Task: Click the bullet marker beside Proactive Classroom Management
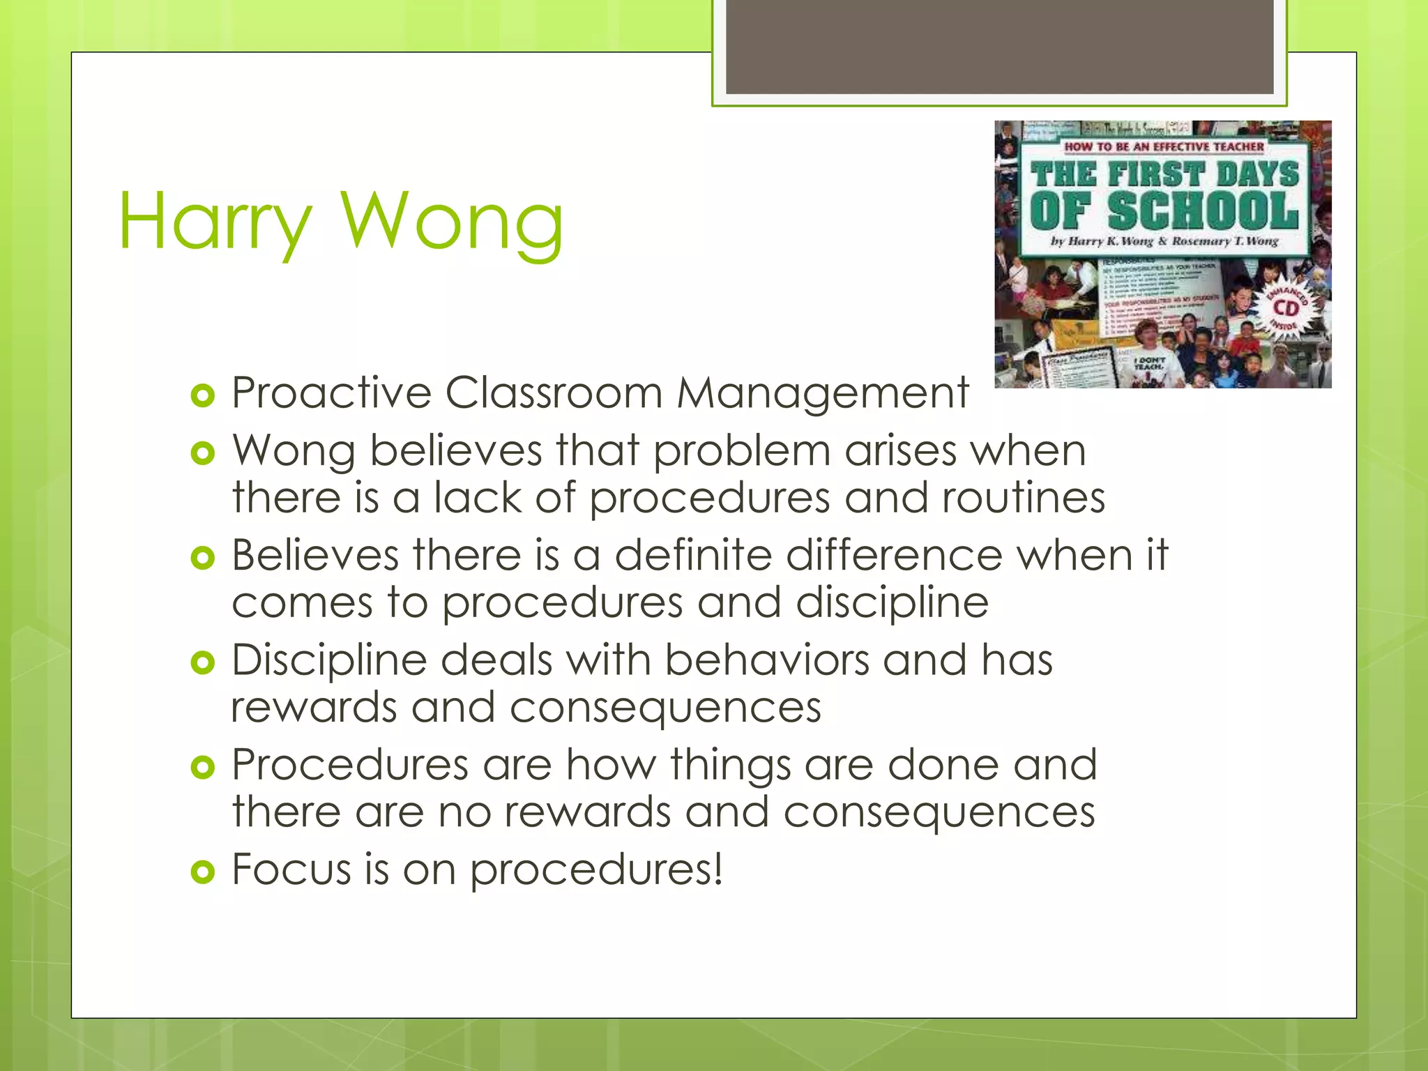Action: point(202,396)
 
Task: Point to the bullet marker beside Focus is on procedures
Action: point(202,872)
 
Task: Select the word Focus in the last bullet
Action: point(291,869)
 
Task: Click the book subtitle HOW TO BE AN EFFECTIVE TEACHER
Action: point(1164,146)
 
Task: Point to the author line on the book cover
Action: point(1164,241)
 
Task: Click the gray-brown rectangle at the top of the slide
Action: point(999,46)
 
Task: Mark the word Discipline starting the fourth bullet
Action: point(329,661)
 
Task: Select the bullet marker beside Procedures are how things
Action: point(202,768)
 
